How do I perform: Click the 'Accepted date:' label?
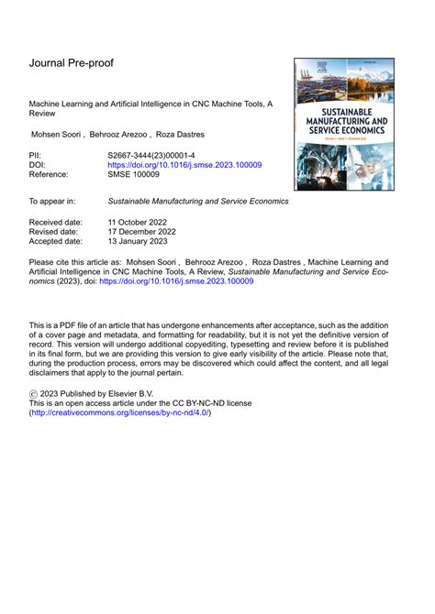(57, 242)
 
